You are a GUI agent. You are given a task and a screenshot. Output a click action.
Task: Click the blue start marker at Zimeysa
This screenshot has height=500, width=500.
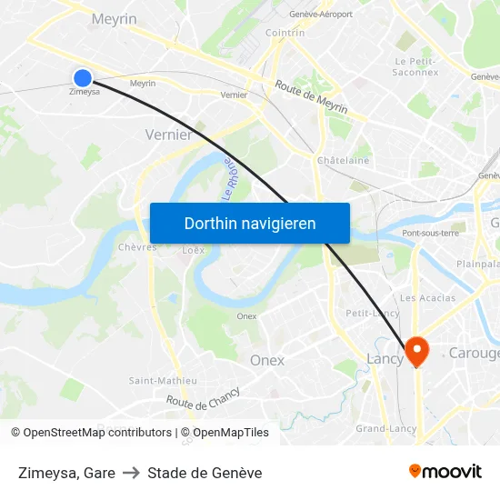83,78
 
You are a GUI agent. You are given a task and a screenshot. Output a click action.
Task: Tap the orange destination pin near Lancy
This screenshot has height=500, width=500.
417,351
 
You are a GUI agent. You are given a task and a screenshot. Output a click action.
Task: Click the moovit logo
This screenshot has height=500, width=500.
445,472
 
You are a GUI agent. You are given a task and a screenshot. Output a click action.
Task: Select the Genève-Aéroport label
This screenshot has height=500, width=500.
320,14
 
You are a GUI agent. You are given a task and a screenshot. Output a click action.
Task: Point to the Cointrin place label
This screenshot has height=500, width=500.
285,33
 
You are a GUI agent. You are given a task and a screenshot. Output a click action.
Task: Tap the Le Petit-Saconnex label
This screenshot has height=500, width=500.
416,66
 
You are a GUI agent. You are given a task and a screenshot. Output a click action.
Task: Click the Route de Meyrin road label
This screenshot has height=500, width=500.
311,95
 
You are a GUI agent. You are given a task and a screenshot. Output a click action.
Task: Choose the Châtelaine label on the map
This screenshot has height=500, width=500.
343,160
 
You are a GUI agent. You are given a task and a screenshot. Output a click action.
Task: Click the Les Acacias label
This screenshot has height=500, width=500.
427,297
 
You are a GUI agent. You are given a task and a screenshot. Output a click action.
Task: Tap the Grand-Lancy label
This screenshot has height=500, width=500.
381,427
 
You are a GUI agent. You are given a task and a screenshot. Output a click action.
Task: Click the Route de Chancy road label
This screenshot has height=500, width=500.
203,397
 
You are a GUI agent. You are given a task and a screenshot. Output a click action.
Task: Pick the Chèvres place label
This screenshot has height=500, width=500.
137,246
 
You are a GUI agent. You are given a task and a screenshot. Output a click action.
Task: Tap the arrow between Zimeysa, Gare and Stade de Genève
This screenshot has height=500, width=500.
131,473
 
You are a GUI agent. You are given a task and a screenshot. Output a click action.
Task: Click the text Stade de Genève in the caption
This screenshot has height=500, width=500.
205,473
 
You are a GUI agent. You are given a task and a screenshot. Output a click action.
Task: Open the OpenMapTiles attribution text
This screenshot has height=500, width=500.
225,433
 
